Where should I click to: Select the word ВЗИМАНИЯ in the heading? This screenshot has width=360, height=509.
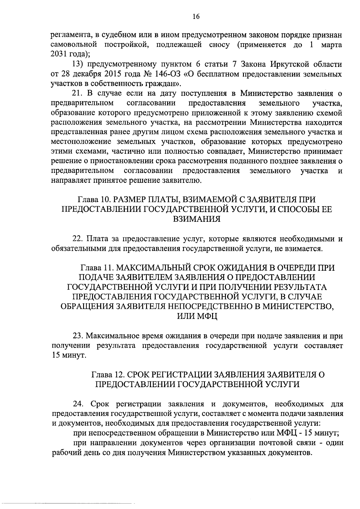[x=196, y=219]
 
